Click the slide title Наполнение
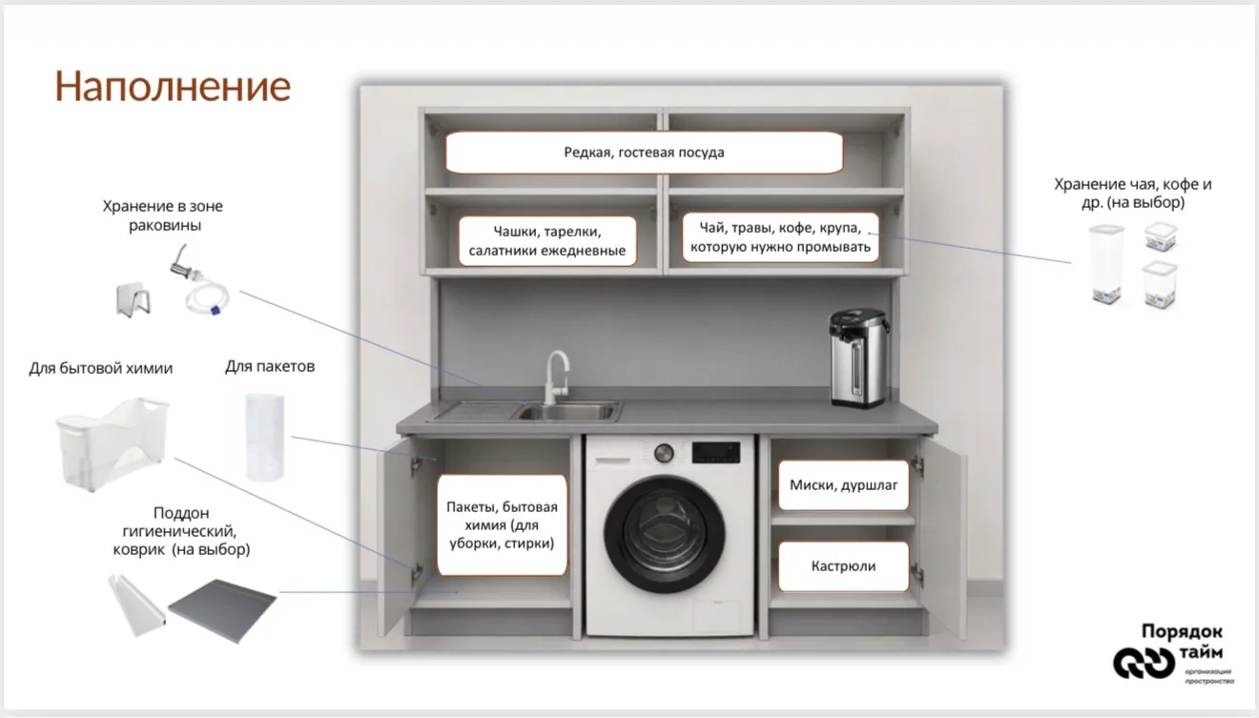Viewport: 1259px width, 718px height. click(x=173, y=87)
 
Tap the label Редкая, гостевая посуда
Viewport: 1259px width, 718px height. click(x=644, y=153)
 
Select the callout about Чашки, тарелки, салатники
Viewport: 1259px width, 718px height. click(x=547, y=240)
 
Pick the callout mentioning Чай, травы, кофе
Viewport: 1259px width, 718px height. click(x=780, y=237)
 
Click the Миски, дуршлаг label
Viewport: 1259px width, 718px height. click(x=843, y=484)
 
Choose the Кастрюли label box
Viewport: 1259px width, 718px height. click(x=843, y=565)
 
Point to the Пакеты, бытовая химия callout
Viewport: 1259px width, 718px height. click(x=502, y=524)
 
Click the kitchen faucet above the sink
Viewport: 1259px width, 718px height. click(x=556, y=377)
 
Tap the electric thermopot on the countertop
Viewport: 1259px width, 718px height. click(x=858, y=358)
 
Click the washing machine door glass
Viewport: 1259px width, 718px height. click(x=665, y=533)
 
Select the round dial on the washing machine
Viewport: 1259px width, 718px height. click(x=664, y=453)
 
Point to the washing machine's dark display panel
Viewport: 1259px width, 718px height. click(x=715, y=452)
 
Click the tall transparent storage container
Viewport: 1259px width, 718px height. click(x=1106, y=264)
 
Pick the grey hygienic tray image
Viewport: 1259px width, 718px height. click(x=222, y=609)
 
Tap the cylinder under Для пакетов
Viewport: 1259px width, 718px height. click(x=265, y=437)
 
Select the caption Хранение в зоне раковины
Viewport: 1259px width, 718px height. click(x=163, y=215)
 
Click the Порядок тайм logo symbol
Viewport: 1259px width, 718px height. click(x=1144, y=663)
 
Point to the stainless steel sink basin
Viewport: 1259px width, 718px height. click(x=566, y=412)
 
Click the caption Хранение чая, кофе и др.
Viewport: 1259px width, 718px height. click(x=1132, y=193)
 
